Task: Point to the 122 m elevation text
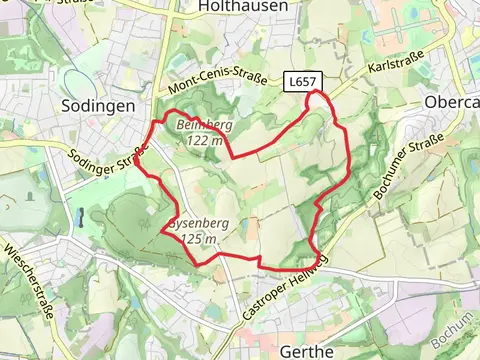coord(204,140)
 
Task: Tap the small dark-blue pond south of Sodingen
coord(77,216)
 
